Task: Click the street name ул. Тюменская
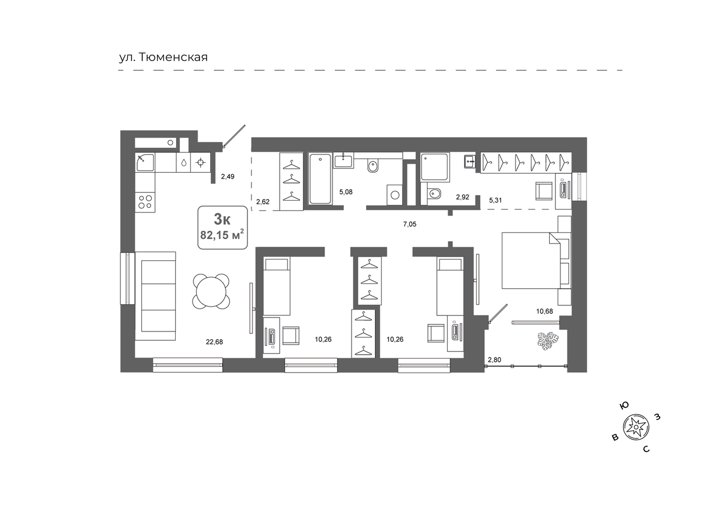[164, 58]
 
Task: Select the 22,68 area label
[215, 342]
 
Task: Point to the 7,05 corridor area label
[410, 224]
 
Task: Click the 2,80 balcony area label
[494, 360]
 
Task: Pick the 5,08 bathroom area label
[346, 192]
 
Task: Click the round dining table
[211, 292]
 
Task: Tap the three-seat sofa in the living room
[156, 296]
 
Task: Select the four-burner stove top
[145, 202]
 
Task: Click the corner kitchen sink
[145, 162]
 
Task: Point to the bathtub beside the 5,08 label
[320, 179]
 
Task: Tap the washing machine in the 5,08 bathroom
[395, 195]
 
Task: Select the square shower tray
[435, 167]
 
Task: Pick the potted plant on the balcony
[548, 340]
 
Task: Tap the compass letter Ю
[624, 405]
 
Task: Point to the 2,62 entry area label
[263, 202]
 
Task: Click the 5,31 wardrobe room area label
[495, 200]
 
